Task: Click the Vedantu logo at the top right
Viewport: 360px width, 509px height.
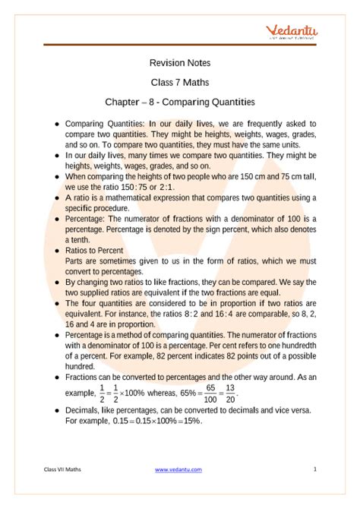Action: (292, 31)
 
